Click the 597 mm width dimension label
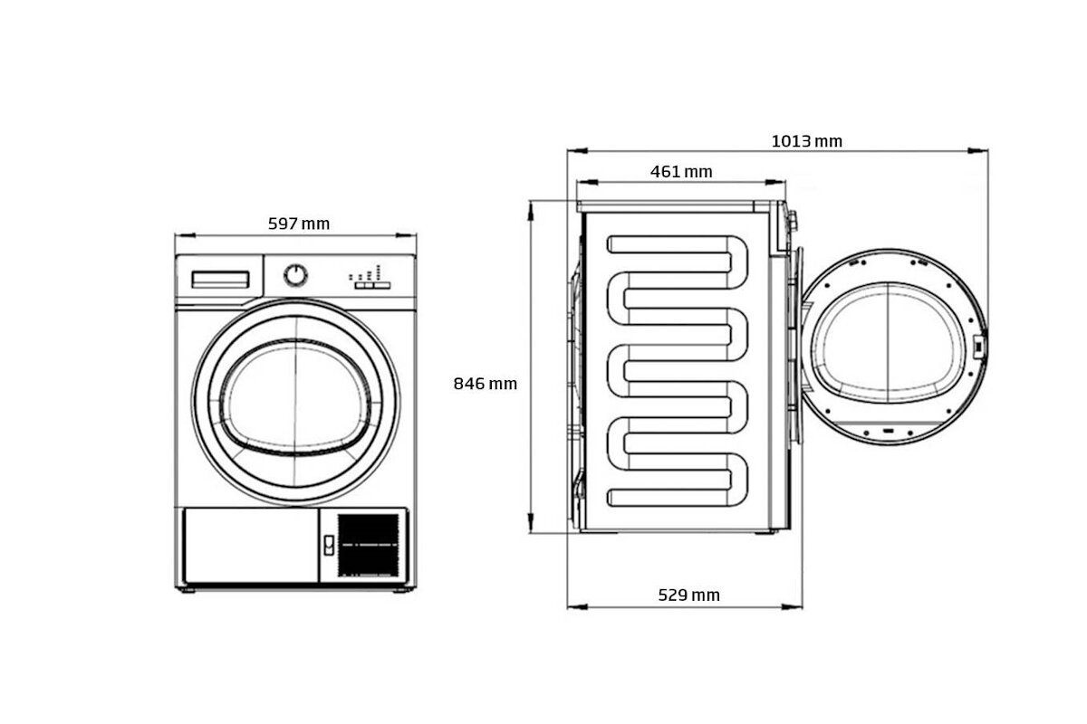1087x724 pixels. [298, 224]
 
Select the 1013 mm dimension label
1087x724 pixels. [806, 141]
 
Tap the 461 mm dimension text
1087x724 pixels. [681, 172]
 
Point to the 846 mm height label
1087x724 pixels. [485, 384]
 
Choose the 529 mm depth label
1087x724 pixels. [688, 595]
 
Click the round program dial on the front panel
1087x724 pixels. [295, 275]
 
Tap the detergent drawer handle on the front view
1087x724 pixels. [220, 280]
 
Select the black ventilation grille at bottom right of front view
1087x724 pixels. [369, 545]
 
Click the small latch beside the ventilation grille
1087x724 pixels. [329, 545]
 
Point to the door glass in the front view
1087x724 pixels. [295, 397]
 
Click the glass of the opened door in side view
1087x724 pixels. [888, 343]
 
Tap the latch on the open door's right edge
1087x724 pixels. [978, 347]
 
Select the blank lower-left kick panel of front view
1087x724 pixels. [251, 545]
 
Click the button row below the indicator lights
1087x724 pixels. [372, 286]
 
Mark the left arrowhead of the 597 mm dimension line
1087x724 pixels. [185, 235]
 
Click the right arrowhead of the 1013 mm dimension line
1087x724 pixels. [977, 151]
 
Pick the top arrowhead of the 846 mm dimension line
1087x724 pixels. [531, 212]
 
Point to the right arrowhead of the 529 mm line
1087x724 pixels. [792, 606]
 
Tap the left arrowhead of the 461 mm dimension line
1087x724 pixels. [587, 182]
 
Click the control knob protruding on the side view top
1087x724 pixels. [793, 221]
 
